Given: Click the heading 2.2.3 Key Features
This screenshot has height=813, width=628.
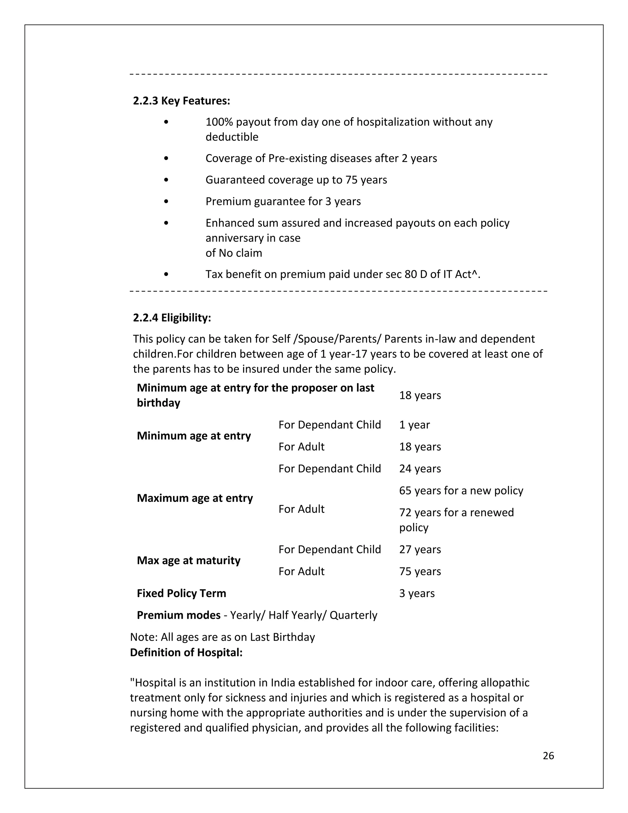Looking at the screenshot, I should point(182,101).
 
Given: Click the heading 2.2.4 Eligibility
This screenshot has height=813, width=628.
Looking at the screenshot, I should point(172,318).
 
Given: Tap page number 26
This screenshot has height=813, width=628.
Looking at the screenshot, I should point(548,755).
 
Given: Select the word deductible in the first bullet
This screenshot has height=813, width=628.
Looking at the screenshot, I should point(232,137).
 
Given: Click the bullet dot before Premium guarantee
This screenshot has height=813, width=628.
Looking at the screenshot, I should point(166,201).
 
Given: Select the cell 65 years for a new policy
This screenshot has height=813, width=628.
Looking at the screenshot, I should point(461,490).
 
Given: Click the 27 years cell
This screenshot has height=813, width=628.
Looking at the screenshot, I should point(420,549).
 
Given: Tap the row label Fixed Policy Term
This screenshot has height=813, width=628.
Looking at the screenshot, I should point(181,593).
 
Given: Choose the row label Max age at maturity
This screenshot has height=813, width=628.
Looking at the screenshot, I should point(188,560).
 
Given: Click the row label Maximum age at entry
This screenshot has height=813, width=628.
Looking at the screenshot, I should point(195,498).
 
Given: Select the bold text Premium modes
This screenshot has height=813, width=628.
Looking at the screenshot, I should point(178,615).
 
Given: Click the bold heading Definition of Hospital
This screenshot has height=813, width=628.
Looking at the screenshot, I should point(186,653).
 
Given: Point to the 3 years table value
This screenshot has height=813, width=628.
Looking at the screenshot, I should point(417,593).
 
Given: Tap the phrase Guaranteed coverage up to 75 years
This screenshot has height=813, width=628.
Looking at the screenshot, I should point(296,180).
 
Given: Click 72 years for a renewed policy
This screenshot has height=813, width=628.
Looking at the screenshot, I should point(456,513).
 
